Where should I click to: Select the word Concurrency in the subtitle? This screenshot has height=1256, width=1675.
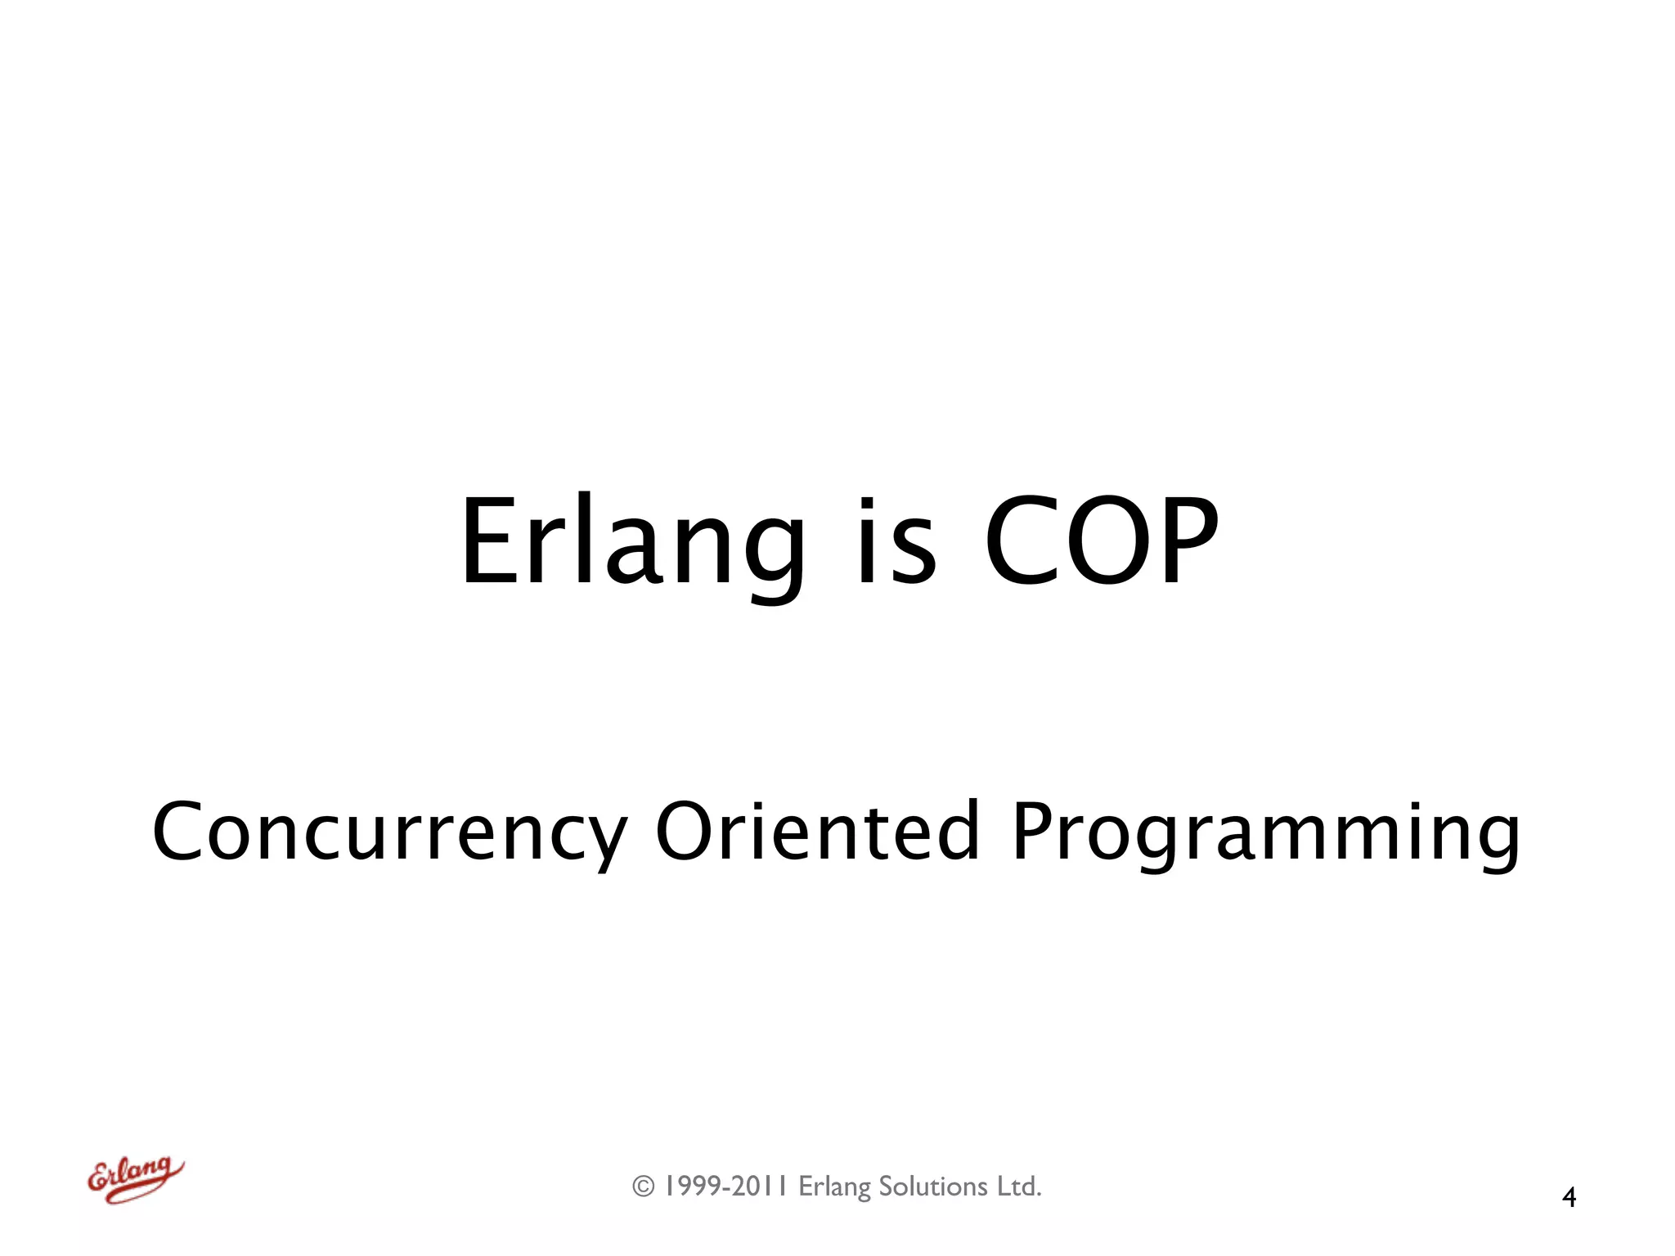[389, 832]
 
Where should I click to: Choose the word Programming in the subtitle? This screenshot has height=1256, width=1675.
[1266, 832]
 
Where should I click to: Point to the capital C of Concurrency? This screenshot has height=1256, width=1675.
[177, 832]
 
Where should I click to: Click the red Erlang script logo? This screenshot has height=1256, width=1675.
[135, 1179]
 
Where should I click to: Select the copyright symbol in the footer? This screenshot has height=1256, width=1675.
[644, 1186]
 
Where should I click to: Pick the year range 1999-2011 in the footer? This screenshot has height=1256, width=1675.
[725, 1186]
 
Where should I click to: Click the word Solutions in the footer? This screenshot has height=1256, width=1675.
[933, 1186]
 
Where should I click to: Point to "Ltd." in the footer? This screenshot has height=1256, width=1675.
[1019, 1186]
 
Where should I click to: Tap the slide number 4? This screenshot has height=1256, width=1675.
[1569, 1197]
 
